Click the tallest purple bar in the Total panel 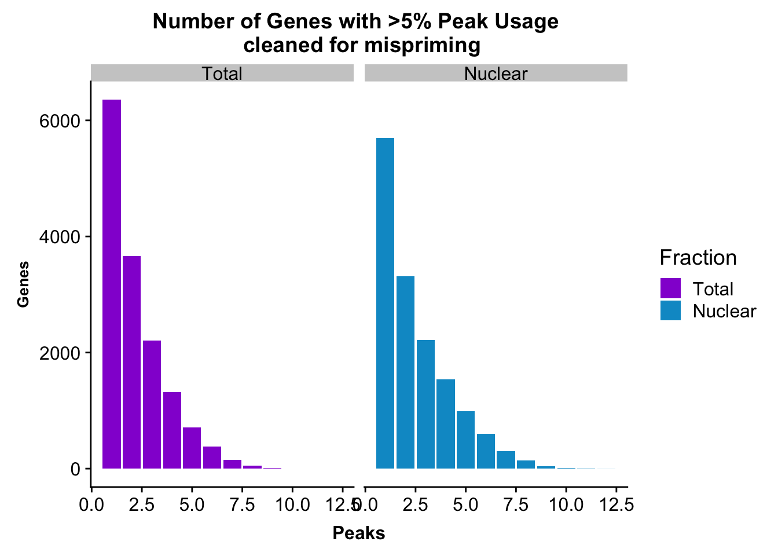click(x=112, y=284)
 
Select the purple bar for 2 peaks click(x=131, y=362)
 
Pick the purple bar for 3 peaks click(x=152, y=404)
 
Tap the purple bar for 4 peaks click(x=172, y=430)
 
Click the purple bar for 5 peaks click(x=192, y=448)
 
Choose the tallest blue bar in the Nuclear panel click(x=385, y=303)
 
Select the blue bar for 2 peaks click(x=405, y=372)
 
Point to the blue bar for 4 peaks click(x=445, y=424)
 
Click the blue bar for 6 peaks click(x=486, y=451)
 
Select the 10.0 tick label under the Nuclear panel click(x=566, y=505)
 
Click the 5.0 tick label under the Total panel click(x=192, y=505)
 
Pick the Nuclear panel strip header click(x=496, y=74)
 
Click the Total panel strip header click(x=222, y=74)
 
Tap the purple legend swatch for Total click(x=670, y=288)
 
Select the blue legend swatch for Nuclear click(x=670, y=310)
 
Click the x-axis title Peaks click(x=359, y=533)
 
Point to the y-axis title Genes click(x=23, y=284)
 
